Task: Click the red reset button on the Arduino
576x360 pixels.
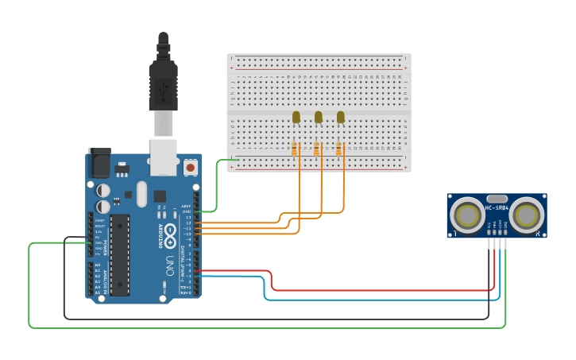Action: (191, 168)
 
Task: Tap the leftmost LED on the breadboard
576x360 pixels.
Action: (296, 118)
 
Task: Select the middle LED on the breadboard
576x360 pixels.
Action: (319, 118)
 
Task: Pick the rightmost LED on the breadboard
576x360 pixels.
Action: (341, 118)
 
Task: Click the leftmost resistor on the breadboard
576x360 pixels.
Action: (295, 149)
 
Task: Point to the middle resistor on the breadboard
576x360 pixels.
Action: (317, 149)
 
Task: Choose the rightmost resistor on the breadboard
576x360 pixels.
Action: (339, 149)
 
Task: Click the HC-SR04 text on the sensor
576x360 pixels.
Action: (497, 208)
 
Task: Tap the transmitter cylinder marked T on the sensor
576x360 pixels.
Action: (466, 215)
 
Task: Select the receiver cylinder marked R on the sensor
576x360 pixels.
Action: (527, 215)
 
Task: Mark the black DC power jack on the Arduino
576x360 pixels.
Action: (99, 163)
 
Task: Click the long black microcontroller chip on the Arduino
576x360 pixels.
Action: (119, 254)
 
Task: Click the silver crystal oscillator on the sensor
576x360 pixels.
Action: (497, 198)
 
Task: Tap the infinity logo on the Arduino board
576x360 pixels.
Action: (170, 231)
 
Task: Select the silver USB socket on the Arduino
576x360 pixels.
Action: (163, 157)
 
